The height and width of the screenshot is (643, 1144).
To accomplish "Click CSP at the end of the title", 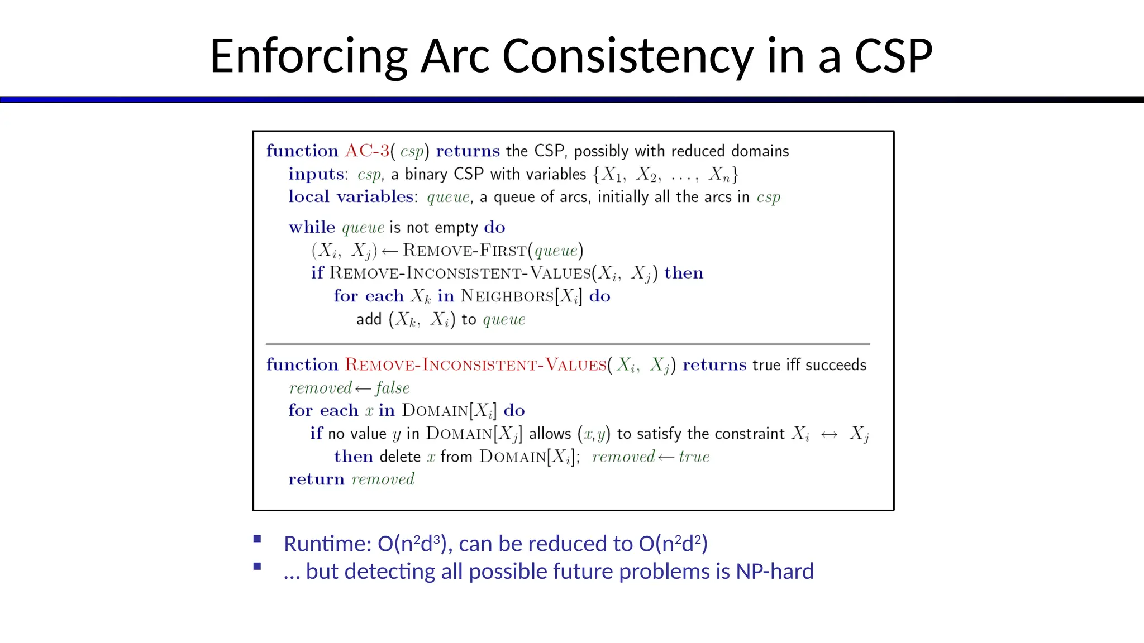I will [x=893, y=56].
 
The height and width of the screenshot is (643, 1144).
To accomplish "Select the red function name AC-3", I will [x=367, y=151].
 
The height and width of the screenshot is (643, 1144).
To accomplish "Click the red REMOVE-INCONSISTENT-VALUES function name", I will [x=475, y=365].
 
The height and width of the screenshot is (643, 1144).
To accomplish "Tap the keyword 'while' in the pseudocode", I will [x=312, y=227].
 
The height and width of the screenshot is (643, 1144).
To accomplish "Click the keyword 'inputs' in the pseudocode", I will [x=316, y=174].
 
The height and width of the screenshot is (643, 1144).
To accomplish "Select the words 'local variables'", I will [x=351, y=196].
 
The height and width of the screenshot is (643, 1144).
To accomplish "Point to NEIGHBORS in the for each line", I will [x=507, y=296].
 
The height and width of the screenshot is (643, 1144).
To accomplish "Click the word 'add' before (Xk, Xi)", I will [x=369, y=319].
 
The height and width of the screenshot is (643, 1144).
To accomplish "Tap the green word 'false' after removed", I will [x=393, y=388].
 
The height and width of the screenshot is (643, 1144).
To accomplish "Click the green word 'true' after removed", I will [x=694, y=457].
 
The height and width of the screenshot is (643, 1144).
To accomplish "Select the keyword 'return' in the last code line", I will [x=316, y=479].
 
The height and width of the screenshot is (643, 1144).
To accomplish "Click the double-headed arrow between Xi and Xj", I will [x=829, y=434].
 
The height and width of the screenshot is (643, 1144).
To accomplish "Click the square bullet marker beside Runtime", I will [x=257, y=539].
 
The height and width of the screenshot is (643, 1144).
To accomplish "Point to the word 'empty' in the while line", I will [x=456, y=228].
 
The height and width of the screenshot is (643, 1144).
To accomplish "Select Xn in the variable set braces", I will [x=719, y=175].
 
